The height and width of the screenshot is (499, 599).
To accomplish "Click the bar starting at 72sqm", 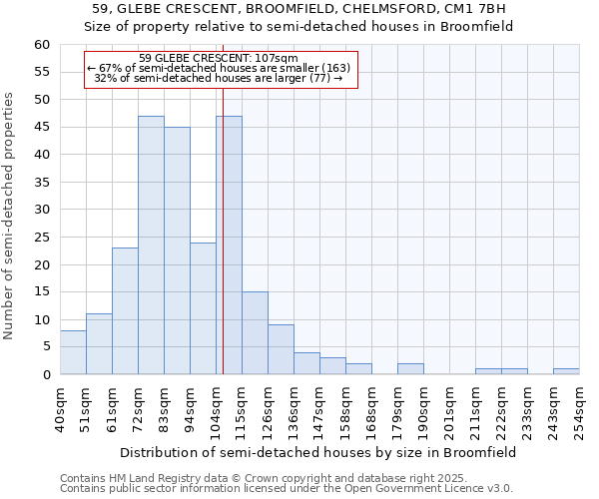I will (x=151, y=246).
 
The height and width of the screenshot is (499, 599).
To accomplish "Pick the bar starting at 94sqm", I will (x=203, y=308).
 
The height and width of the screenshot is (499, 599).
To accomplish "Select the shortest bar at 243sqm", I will (x=566, y=371).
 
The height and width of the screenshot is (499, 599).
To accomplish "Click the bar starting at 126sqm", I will (x=281, y=349).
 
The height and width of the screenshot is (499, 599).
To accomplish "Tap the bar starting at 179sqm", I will (x=410, y=369).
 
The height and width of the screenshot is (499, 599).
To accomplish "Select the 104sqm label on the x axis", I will (x=217, y=409).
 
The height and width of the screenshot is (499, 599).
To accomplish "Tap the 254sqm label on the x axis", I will (x=580, y=409).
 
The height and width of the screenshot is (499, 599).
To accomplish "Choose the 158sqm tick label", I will (x=346, y=409).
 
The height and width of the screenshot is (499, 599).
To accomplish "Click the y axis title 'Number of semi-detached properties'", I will (x=10, y=216).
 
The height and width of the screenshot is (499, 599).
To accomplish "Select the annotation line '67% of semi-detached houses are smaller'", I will (x=220, y=68).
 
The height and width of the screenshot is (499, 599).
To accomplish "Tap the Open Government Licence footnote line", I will (x=286, y=489).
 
